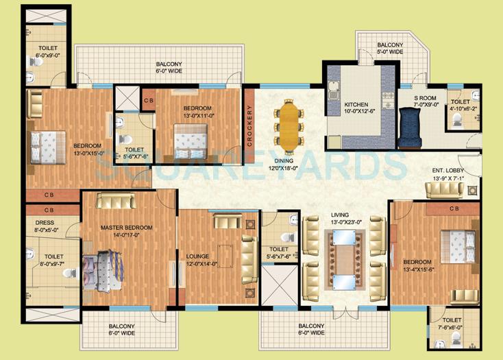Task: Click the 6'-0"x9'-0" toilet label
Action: pyautogui.click(x=47, y=51)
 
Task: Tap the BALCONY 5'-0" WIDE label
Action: pyautogui.click(x=389, y=49)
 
